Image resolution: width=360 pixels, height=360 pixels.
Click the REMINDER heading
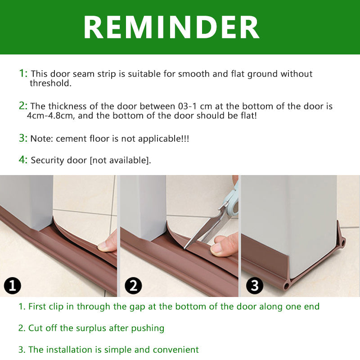click(171, 27)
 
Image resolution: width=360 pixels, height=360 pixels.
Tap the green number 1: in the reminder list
click(23, 73)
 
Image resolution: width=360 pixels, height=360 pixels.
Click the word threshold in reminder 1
click(50, 83)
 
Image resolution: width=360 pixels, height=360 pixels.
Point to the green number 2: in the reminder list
click(23, 106)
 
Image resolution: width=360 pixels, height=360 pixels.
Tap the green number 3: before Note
click(23, 138)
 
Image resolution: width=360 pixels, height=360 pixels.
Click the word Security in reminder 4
click(47, 160)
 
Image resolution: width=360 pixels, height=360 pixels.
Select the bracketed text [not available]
click(120, 160)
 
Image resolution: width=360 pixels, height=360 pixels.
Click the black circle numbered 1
click(13, 286)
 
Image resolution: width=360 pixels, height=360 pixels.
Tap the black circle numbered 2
click(133, 286)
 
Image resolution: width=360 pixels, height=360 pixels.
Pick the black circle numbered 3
click(255, 286)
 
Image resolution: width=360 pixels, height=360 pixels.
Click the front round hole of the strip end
click(286, 286)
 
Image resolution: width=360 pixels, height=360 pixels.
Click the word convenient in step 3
click(175, 350)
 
